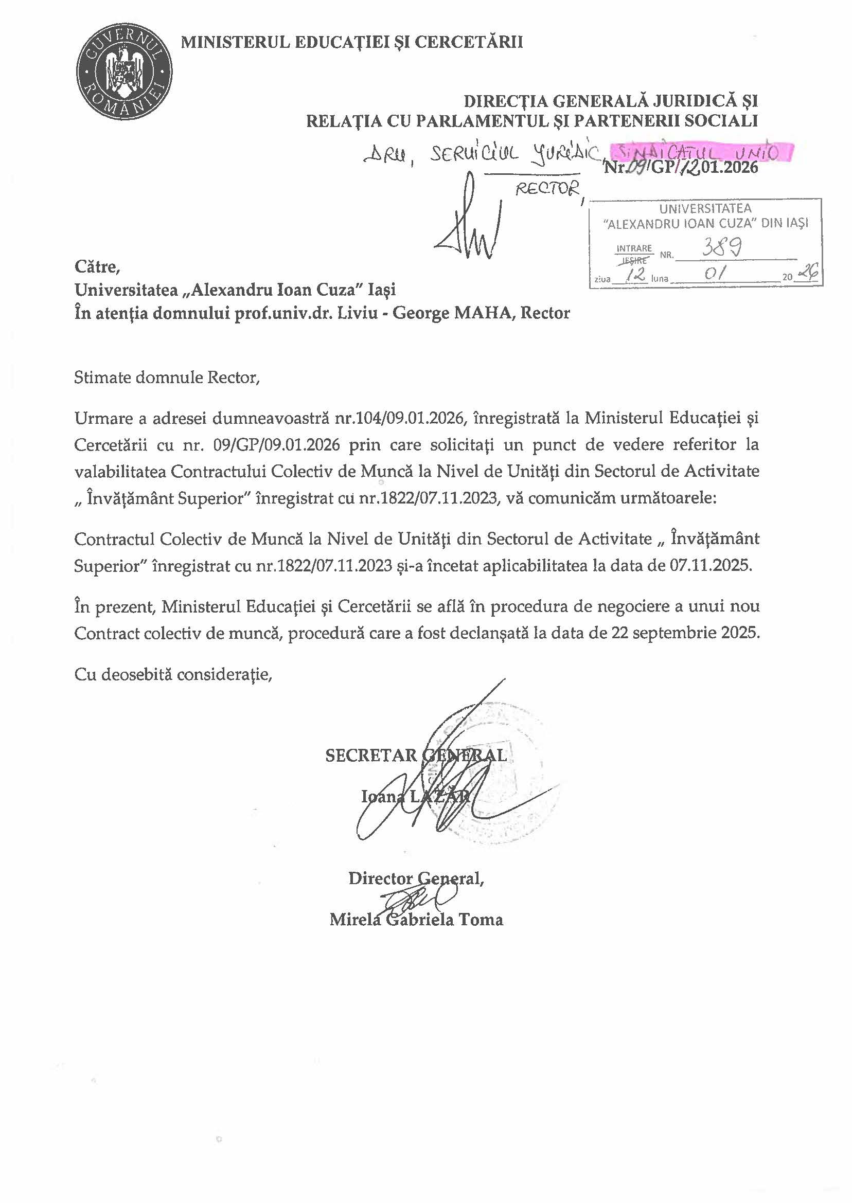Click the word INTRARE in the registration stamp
[634, 248]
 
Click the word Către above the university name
[98, 267]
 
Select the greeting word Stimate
[103, 378]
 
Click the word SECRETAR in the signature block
[371, 756]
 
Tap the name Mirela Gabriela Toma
[416, 919]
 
